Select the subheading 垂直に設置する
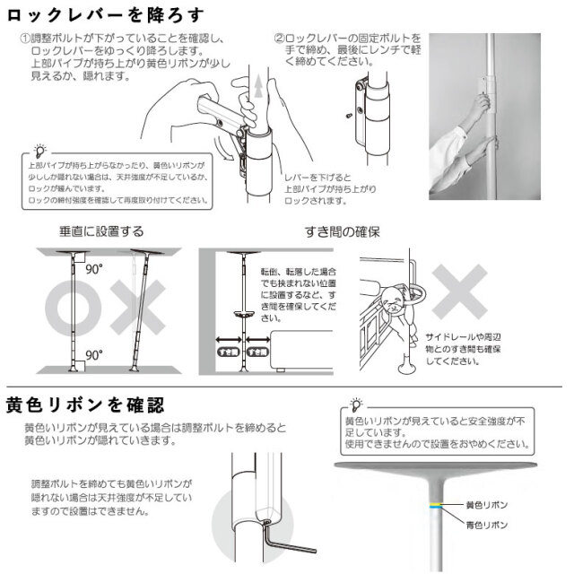pos(100,231)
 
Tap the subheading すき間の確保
pos(344,231)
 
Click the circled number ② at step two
pos(279,39)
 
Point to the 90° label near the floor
pos(91,355)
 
